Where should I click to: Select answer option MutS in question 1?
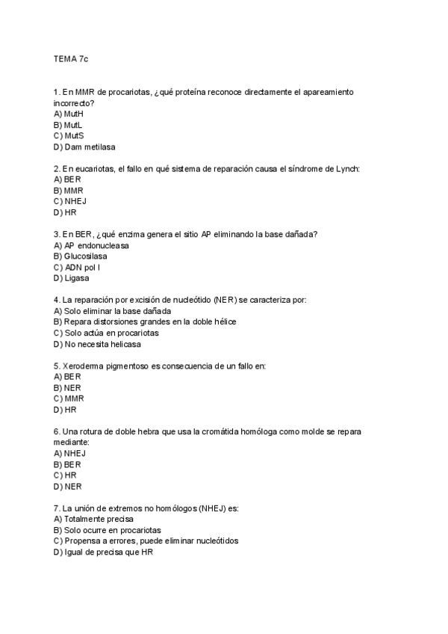[69, 136]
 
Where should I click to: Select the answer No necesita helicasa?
[97, 345]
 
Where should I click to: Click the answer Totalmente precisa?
[97, 519]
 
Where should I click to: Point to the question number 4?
[57, 300]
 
